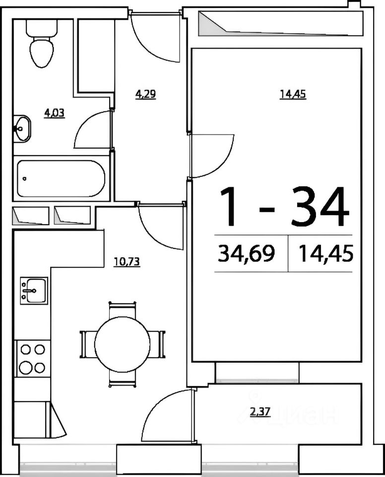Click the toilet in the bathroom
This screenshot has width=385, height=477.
[x=42, y=43]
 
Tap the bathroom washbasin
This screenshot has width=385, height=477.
[x=22, y=128]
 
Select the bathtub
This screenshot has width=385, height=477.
[x=61, y=178]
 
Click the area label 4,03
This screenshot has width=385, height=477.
[x=55, y=113]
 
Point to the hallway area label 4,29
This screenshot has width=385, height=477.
[x=145, y=94]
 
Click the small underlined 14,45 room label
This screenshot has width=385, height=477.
[x=293, y=94]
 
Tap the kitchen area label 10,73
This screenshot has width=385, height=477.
[x=127, y=261]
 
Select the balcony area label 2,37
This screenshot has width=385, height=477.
[x=260, y=412]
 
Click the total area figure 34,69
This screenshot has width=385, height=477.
[x=247, y=253]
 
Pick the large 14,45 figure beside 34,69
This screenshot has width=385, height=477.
[x=326, y=253]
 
